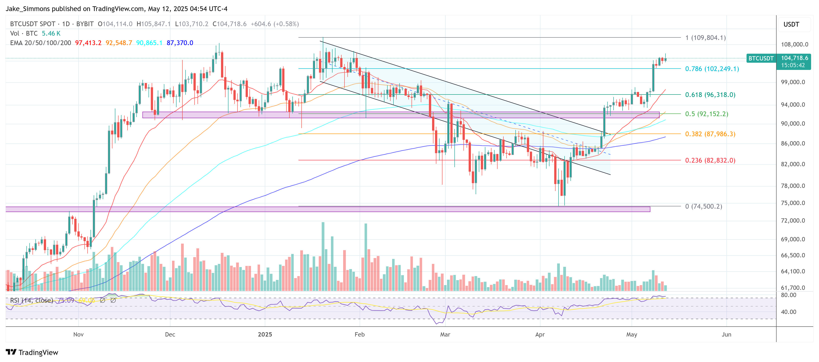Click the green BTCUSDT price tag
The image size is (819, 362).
(761, 58)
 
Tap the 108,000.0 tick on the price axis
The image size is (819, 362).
(794, 44)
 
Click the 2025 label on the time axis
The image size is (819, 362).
(265, 334)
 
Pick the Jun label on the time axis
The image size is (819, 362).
(726, 334)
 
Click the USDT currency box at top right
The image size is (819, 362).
(791, 24)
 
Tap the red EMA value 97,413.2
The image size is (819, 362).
(88, 43)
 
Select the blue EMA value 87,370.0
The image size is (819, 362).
(180, 43)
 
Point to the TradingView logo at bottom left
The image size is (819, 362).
(32, 353)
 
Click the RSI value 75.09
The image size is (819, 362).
(66, 300)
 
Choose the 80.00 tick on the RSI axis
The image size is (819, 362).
(789, 295)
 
